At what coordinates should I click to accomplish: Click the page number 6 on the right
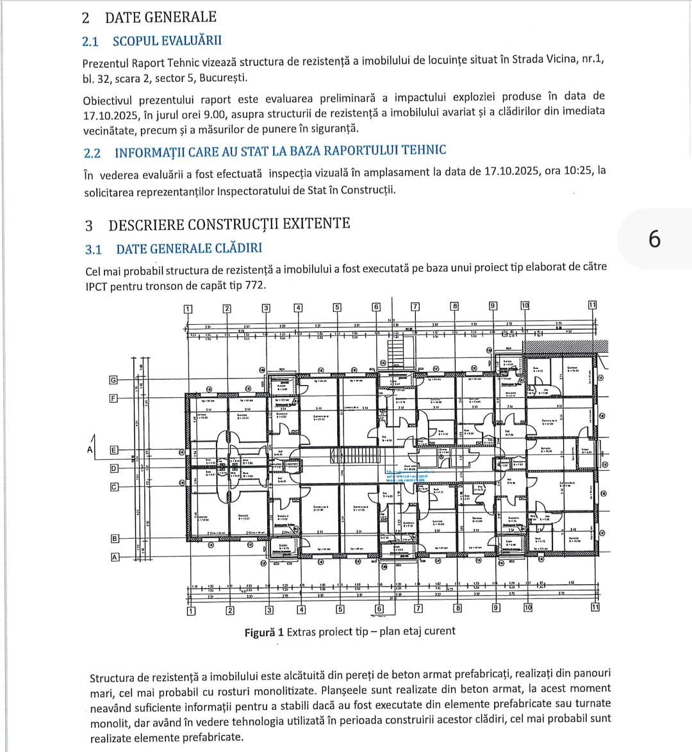click(x=654, y=239)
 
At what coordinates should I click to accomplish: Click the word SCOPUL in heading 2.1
click(x=135, y=41)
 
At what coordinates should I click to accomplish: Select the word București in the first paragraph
click(x=224, y=78)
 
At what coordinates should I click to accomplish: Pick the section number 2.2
click(x=92, y=153)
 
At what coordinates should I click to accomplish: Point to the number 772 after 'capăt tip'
click(x=255, y=286)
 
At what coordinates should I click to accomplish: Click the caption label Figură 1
click(x=264, y=632)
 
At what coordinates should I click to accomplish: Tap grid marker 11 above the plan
click(x=593, y=304)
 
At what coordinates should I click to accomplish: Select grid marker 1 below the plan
click(x=190, y=610)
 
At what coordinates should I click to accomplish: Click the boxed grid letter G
click(x=113, y=380)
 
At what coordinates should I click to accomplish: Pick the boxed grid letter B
click(x=115, y=539)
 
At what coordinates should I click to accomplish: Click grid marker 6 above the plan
click(x=376, y=307)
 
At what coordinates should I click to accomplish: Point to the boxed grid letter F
click(x=114, y=398)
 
